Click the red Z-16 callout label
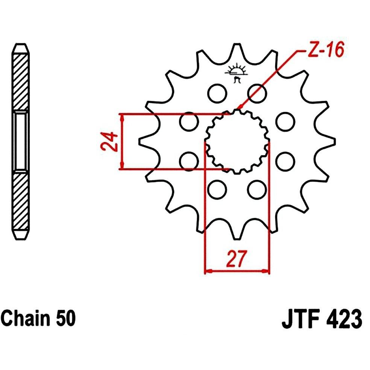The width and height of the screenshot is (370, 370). (326, 50)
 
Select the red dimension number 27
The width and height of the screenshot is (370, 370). (237, 258)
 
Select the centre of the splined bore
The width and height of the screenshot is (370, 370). (237, 142)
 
